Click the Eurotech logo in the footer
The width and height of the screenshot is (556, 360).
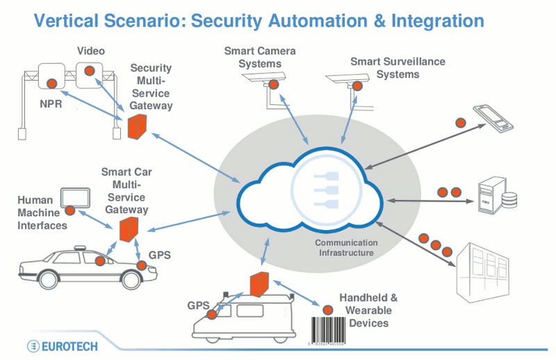62,345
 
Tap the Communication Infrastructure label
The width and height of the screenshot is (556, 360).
346,247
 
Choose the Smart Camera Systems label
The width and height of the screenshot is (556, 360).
259,57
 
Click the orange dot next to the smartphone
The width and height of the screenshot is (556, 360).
460,122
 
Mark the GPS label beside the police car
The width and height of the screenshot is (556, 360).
159,255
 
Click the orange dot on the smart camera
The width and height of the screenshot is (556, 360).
274,85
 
